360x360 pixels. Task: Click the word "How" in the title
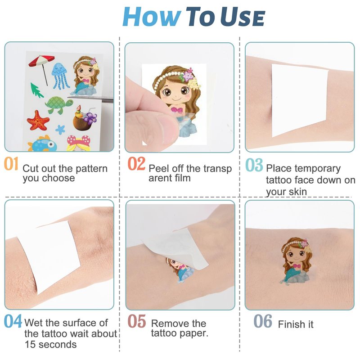tap(152, 17)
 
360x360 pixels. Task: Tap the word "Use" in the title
tap(243, 17)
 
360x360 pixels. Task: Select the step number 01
tap(11, 163)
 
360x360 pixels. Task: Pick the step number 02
tap(136, 163)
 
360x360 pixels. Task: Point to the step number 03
tap(254, 165)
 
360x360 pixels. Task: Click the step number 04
tap(13, 321)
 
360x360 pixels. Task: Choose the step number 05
tap(137, 321)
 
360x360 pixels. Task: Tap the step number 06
tap(263, 321)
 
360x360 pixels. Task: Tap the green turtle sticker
tap(59, 105)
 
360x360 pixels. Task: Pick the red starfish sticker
tap(38, 120)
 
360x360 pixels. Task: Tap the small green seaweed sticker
tap(37, 90)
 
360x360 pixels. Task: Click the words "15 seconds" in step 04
tap(50, 344)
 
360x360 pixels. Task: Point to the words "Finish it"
tap(296, 324)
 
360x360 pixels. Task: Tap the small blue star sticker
tap(60, 130)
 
